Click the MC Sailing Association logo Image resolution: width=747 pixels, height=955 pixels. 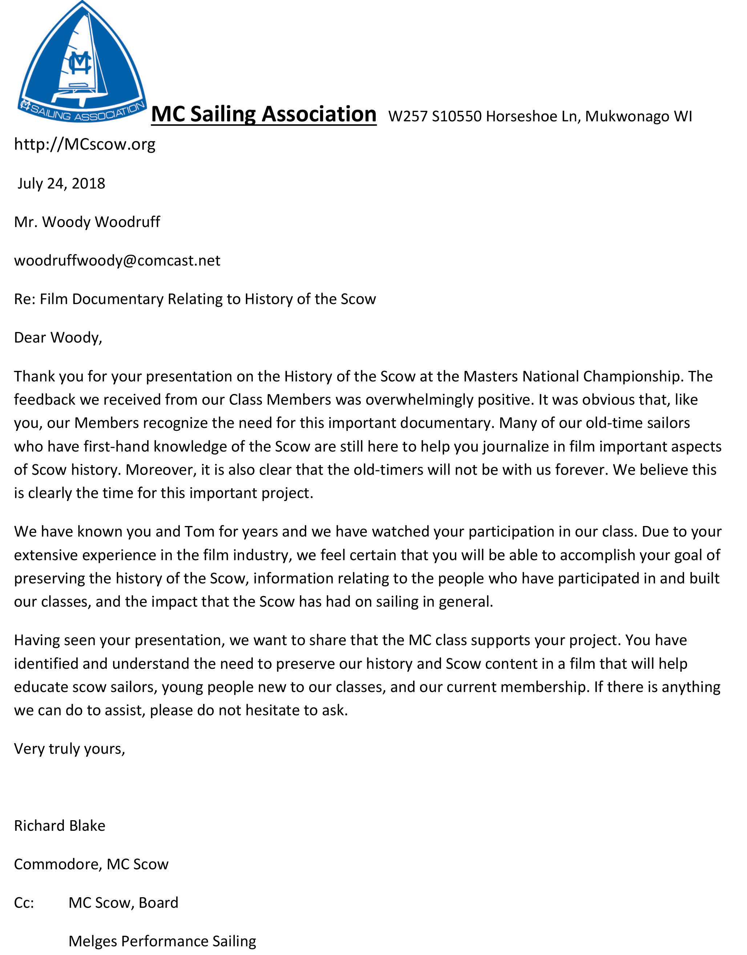pyautogui.click(x=82, y=64)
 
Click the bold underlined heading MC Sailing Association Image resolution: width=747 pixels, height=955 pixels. pyautogui.click(x=263, y=114)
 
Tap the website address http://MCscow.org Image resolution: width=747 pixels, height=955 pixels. pyautogui.click(x=85, y=144)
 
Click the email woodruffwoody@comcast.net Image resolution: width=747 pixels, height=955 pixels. pyautogui.click(x=117, y=260)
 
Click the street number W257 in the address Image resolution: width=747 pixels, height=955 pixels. pyautogui.click(x=408, y=116)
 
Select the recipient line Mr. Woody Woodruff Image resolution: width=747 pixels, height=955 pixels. pyautogui.click(x=87, y=222)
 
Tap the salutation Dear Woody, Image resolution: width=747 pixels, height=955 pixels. pyautogui.click(x=58, y=337)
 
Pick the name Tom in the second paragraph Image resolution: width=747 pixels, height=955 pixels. pyautogui.click(x=199, y=532)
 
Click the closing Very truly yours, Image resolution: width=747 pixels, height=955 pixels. pyautogui.click(x=69, y=749)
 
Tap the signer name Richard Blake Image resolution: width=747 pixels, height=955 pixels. pyautogui.click(x=60, y=826)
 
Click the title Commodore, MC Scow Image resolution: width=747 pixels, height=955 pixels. pyautogui.click(x=91, y=864)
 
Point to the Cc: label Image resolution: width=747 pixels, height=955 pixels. pyautogui.click(x=24, y=903)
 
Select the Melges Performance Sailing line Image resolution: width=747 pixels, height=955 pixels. pyautogui.click(x=162, y=941)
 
